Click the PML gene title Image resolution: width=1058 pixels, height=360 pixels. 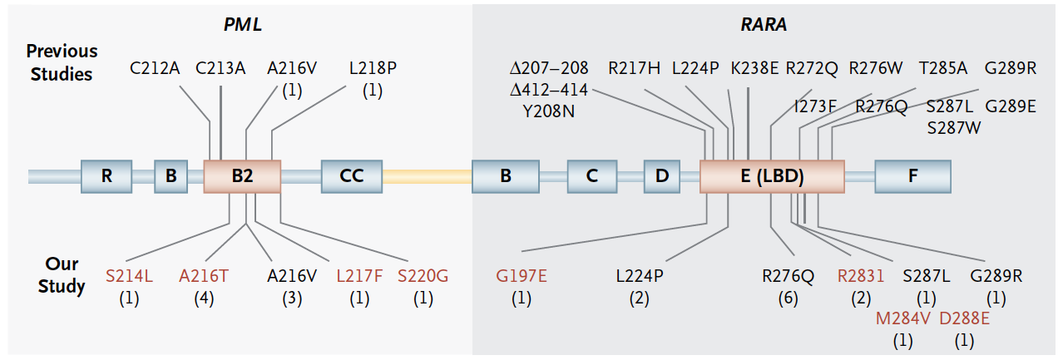click(x=242, y=24)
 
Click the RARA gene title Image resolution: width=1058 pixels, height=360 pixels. click(x=764, y=24)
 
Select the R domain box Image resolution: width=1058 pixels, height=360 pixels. click(x=106, y=176)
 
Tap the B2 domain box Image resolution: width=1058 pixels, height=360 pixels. click(x=242, y=176)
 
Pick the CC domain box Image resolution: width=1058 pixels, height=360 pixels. click(x=352, y=176)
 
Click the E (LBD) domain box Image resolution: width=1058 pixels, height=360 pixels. click(x=771, y=176)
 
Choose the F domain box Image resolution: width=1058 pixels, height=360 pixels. click(x=912, y=176)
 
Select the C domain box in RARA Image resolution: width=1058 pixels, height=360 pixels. click(x=591, y=176)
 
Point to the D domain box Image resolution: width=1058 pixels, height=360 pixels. click(x=661, y=176)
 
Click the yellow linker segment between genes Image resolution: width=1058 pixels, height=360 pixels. click(x=427, y=176)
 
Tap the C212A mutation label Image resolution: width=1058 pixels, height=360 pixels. click(x=156, y=68)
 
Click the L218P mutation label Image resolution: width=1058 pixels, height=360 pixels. click(x=372, y=68)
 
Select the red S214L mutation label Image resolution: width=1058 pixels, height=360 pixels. click(x=129, y=275)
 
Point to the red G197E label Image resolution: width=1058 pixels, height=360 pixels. click(x=521, y=275)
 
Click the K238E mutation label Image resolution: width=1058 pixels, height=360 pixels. click(x=754, y=68)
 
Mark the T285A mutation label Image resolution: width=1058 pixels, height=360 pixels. click(x=942, y=68)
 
